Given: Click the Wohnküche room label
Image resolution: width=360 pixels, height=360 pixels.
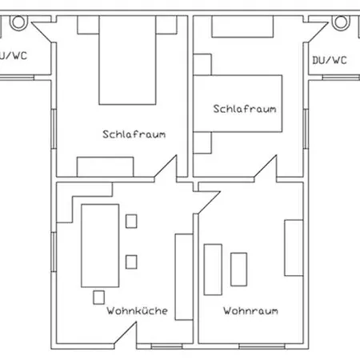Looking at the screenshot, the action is tap(137, 310).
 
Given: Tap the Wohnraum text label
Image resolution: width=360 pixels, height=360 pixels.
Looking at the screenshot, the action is tap(250, 311).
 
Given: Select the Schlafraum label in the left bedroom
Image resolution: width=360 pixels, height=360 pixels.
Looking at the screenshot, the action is tap(134, 134).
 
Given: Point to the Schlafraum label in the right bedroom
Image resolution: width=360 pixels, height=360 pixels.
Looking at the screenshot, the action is tap(245, 109).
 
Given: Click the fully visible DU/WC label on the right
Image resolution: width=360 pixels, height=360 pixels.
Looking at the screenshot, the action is tap(330, 60).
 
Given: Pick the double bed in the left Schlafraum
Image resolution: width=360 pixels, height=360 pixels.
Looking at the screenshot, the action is tap(127, 60).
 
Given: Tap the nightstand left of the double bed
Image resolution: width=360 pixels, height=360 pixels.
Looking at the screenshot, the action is tap(88, 25).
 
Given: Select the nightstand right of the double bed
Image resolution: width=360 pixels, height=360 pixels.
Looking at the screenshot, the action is tap(166, 25).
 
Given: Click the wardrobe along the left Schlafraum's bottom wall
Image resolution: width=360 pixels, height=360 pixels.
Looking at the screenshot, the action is tap(106, 167).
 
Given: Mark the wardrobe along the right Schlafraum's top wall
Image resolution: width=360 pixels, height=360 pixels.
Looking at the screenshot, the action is tap(242, 26).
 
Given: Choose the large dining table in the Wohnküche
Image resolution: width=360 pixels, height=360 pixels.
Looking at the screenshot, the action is tap(100, 246).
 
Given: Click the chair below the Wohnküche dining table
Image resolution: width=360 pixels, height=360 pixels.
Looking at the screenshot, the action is tap(98, 298).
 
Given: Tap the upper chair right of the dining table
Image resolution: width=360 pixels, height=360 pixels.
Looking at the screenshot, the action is tap(131, 222).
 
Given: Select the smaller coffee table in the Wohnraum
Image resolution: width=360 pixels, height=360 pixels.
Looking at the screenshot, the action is tap(238, 270).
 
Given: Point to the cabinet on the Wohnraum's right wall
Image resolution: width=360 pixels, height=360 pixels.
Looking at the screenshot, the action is tap(294, 248).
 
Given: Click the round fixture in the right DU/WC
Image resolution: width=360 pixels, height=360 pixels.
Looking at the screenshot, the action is tap(341, 22).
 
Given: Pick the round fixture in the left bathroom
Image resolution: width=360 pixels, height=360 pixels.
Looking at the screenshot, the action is tap(18, 22).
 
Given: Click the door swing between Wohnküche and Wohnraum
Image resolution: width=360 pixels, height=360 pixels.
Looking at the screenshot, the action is tap(209, 202).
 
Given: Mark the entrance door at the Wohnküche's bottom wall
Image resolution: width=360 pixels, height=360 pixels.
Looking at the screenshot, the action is tap(126, 334).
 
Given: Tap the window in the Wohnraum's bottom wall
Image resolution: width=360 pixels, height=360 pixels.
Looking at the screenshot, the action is tap(262, 346).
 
